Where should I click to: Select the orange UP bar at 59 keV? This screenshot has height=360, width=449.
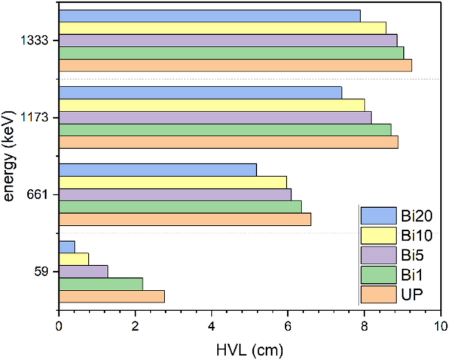pos(111,296)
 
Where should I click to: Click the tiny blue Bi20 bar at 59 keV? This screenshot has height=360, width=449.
pos(67,247)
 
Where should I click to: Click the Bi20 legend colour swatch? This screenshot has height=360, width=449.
pos(377,214)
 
